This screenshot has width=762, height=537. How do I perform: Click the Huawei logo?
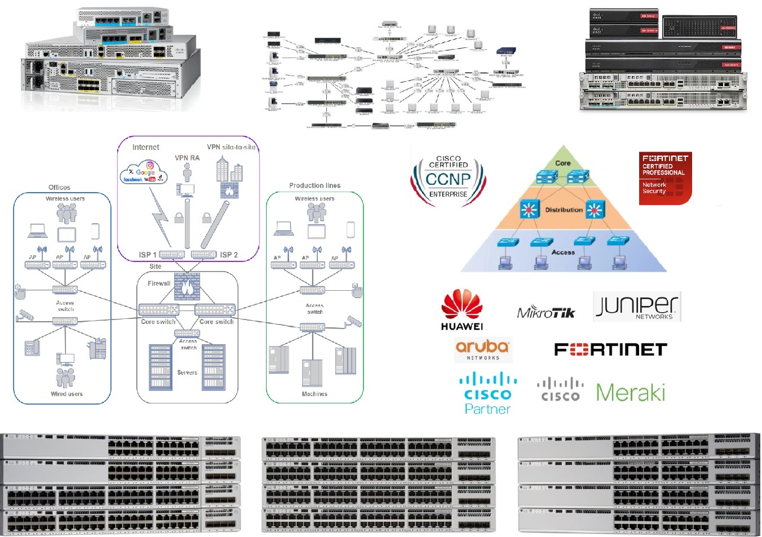click(x=462, y=309)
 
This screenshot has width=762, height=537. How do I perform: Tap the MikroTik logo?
click(x=546, y=312)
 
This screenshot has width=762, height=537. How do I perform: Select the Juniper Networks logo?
click(x=637, y=307)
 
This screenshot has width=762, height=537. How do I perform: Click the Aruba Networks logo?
click(x=483, y=349)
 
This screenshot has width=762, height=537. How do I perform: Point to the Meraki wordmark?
click(x=631, y=392)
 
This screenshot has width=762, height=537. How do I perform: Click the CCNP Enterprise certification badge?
click(x=448, y=178)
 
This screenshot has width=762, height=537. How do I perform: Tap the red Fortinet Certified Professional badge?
click(x=665, y=177)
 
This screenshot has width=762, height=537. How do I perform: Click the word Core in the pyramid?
click(x=562, y=163)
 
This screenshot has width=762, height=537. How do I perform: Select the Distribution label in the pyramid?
click(x=564, y=210)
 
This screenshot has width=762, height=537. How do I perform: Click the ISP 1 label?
click(x=148, y=255)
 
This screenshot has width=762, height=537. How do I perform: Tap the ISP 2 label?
click(x=229, y=255)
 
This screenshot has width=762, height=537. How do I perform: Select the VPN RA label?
click(x=187, y=158)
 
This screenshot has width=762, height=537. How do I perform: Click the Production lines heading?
click(x=314, y=185)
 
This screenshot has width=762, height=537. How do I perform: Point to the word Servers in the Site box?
click(x=187, y=372)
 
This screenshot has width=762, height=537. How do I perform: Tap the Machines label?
click(x=314, y=394)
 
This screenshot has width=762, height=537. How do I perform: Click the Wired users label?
click(x=67, y=394)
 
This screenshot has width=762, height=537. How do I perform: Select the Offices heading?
click(x=59, y=187)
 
